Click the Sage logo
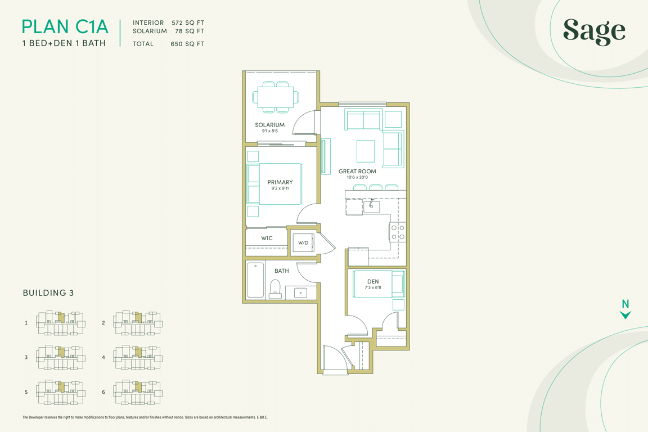(594, 31)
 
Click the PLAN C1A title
(65, 27)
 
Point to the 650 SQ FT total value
(187, 44)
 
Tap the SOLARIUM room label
(269, 125)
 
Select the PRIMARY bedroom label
(280, 182)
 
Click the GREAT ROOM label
(358, 171)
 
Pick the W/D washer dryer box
(303, 242)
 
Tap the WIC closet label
(267, 238)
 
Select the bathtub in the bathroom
(255, 280)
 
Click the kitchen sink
(371, 206)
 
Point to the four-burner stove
(398, 232)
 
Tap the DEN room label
(373, 281)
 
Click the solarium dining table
(275, 97)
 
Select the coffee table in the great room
(366, 151)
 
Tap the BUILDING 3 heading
(48, 293)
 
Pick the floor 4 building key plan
(138, 357)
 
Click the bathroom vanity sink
(300, 292)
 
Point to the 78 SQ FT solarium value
(189, 31)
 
